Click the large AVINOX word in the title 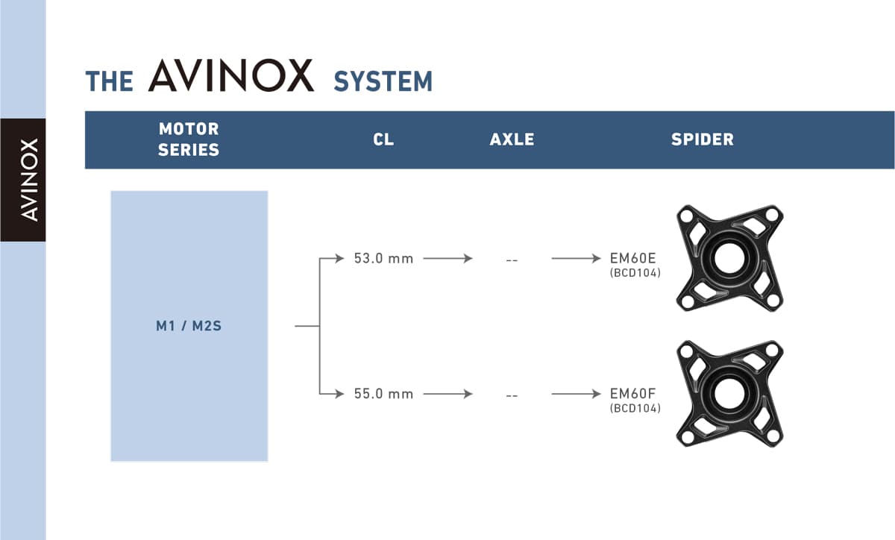click(231, 75)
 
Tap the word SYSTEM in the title click(383, 81)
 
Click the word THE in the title click(110, 81)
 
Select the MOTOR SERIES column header click(189, 139)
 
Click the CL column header click(383, 139)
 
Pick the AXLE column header click(512, 139)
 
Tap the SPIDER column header click(703, 139)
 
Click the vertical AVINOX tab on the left click(29, 180)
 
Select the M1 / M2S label click(189, 326)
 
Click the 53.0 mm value click(383, 259)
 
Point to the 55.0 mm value click(383, 394)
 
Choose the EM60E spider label click(633, 258)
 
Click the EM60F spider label click(633, 394)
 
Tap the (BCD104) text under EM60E click(635, 273)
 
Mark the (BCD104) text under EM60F click(635, 409)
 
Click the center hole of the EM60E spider click(729, 258)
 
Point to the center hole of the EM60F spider click(729, 394)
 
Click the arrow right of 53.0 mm click(448, 259)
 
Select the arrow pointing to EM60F click(576, 394)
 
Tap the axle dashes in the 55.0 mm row click(512, 396)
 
